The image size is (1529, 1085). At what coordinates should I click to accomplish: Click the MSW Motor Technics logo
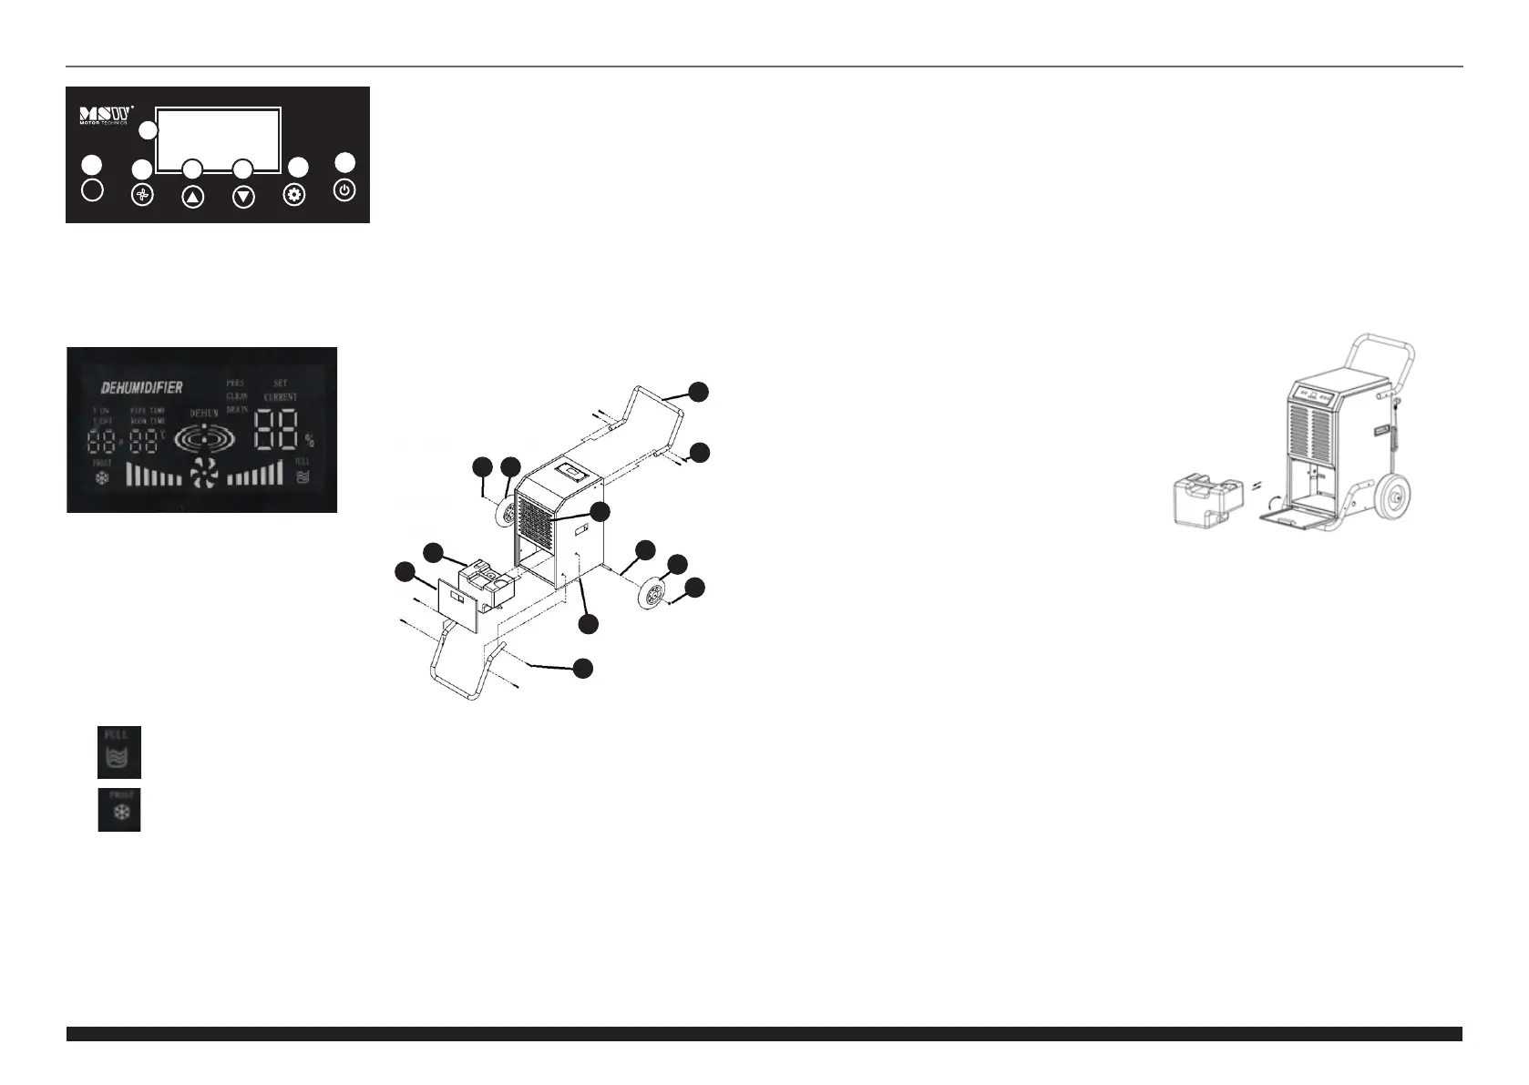pyautogui.click(x=107, y=116)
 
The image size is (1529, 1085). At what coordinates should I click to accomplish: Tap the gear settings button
pyautogui.click(x=294, y=195)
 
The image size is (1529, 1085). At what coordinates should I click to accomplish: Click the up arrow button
pyautogui.click(x=192, y=197)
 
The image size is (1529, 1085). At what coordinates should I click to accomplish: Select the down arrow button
pyautogui.click(x=243, y=197)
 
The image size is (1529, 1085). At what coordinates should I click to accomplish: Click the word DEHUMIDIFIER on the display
pyautogui.click(x=141, y=387)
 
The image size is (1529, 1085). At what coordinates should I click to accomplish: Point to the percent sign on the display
pyautogui.click(x=310, y=441)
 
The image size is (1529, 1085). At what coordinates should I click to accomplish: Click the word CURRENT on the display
pyautogui.click(x=281, y=398)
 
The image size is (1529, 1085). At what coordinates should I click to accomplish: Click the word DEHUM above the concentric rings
pyautogui.click(x=204, y=413)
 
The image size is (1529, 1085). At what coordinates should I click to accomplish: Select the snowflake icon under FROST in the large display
pyautogui.click(x=101, y=476)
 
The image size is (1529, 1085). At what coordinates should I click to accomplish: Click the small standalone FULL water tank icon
pyautogui.click(x=119, y=752)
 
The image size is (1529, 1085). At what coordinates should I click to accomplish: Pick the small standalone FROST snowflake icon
pyautogui.click(x=119, y=810)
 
